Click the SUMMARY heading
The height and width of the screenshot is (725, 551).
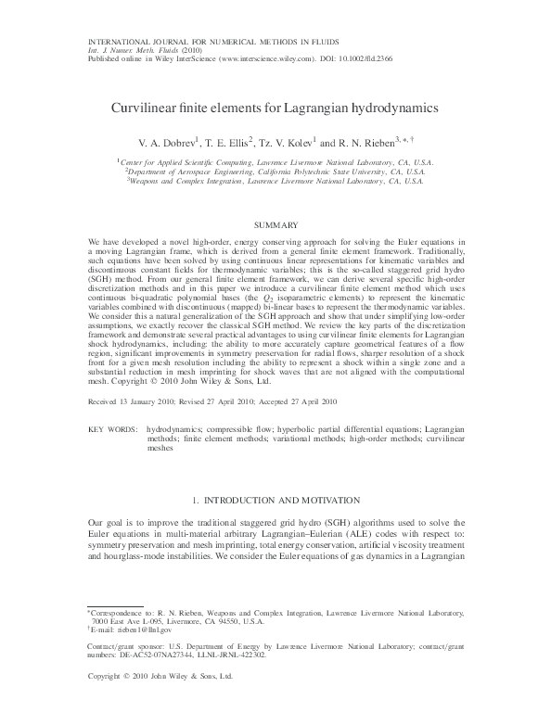pos(275,225)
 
